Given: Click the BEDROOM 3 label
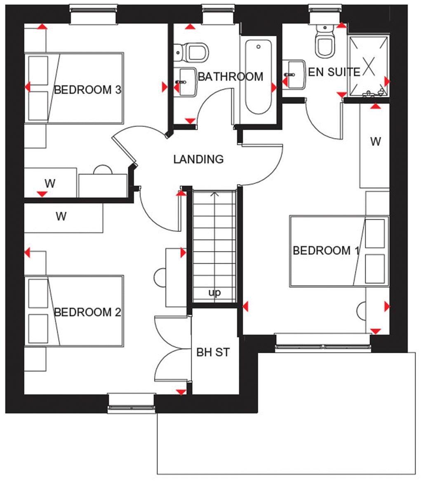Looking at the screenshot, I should (87, 90).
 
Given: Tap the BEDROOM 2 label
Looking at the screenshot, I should (87, 312).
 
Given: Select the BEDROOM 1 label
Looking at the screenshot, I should (326, 251).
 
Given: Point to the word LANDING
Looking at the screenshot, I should (198, 159).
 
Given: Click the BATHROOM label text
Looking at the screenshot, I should (230, 77).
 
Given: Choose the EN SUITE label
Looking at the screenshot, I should (334, 72).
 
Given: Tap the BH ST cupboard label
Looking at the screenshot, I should (212, 353).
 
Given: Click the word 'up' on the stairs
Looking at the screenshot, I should (214, 293).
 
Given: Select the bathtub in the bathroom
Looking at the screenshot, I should (259, 77).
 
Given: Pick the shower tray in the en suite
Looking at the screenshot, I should (369, 66).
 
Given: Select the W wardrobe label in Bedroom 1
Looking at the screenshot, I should (375, 142).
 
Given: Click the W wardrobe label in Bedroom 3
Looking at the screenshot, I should (50, 183).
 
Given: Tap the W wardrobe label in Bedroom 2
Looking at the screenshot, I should (61, 216).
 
